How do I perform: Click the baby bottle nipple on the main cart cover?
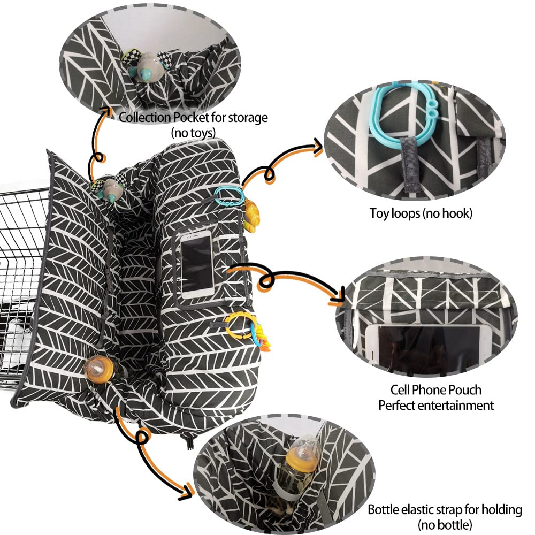(98, 370)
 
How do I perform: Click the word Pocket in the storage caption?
(191, 118)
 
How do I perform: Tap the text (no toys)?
(193, 132)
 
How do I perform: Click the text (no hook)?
(448, 213)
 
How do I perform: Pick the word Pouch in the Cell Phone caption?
(464, 389)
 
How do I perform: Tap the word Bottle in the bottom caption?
(383, 510)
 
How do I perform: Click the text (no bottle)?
(445, 525)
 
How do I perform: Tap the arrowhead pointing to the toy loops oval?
(318, 148)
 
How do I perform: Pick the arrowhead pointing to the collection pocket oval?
(106, 111)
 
